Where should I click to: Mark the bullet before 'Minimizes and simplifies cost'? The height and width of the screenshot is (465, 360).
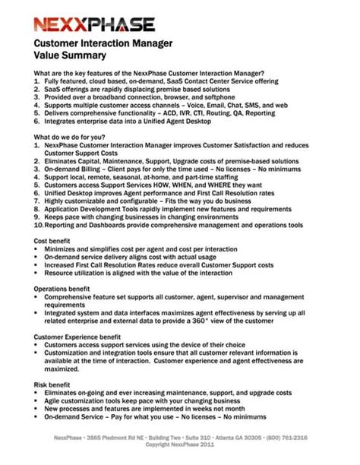click(x=37, y=248)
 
